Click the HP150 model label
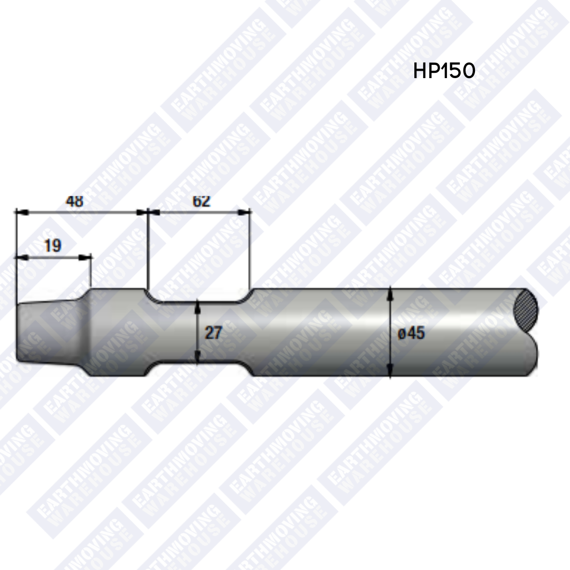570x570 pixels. [444, 71]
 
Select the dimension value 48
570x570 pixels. [74, 202]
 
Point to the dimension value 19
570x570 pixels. [52, 245]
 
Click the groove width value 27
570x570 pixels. [213, 332]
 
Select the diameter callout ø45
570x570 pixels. [411, 333]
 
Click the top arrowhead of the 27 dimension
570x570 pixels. [197, 305]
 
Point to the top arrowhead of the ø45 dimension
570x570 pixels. [390, 292]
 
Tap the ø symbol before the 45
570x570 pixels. [402, 334]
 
